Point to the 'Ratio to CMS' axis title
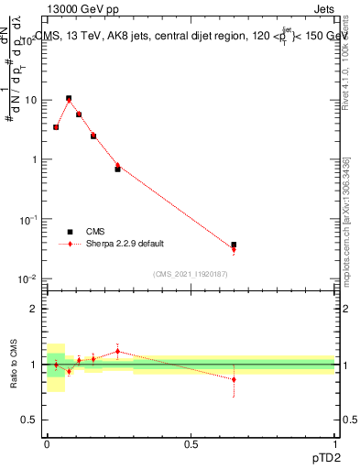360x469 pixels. click(x=14, y=365)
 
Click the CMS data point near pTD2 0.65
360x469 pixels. click(x=234, y=245)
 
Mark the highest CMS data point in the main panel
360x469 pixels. click(x=69, y=98)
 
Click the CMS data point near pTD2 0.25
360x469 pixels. click(x=117, y=169)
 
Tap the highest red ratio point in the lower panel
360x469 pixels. click(x=117, y=351)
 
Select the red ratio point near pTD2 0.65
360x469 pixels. click(x=234, y=379)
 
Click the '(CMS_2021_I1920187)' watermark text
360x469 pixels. click(x=191, y=275)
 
